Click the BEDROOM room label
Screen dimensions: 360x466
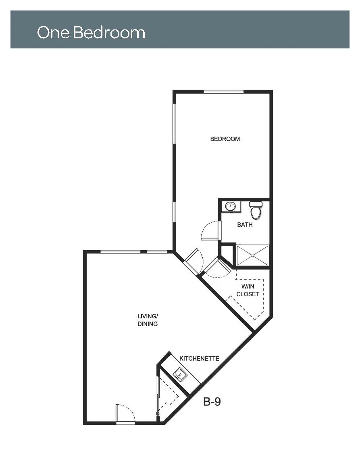225,139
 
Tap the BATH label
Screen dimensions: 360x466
245,225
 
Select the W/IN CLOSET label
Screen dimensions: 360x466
248,290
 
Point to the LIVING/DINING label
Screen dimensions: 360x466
147,320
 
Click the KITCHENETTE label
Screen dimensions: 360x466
199,358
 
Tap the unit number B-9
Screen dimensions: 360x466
212,402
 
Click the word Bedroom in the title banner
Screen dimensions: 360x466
109,32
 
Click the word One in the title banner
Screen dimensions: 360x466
53,32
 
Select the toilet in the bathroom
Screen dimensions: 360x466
256,210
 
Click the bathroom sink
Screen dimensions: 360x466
231,206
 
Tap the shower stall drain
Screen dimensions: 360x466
252,255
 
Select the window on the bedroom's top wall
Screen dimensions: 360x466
224,92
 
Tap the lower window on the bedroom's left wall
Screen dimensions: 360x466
175,212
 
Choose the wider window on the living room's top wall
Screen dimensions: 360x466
120,252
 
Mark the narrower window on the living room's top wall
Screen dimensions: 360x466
157,252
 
